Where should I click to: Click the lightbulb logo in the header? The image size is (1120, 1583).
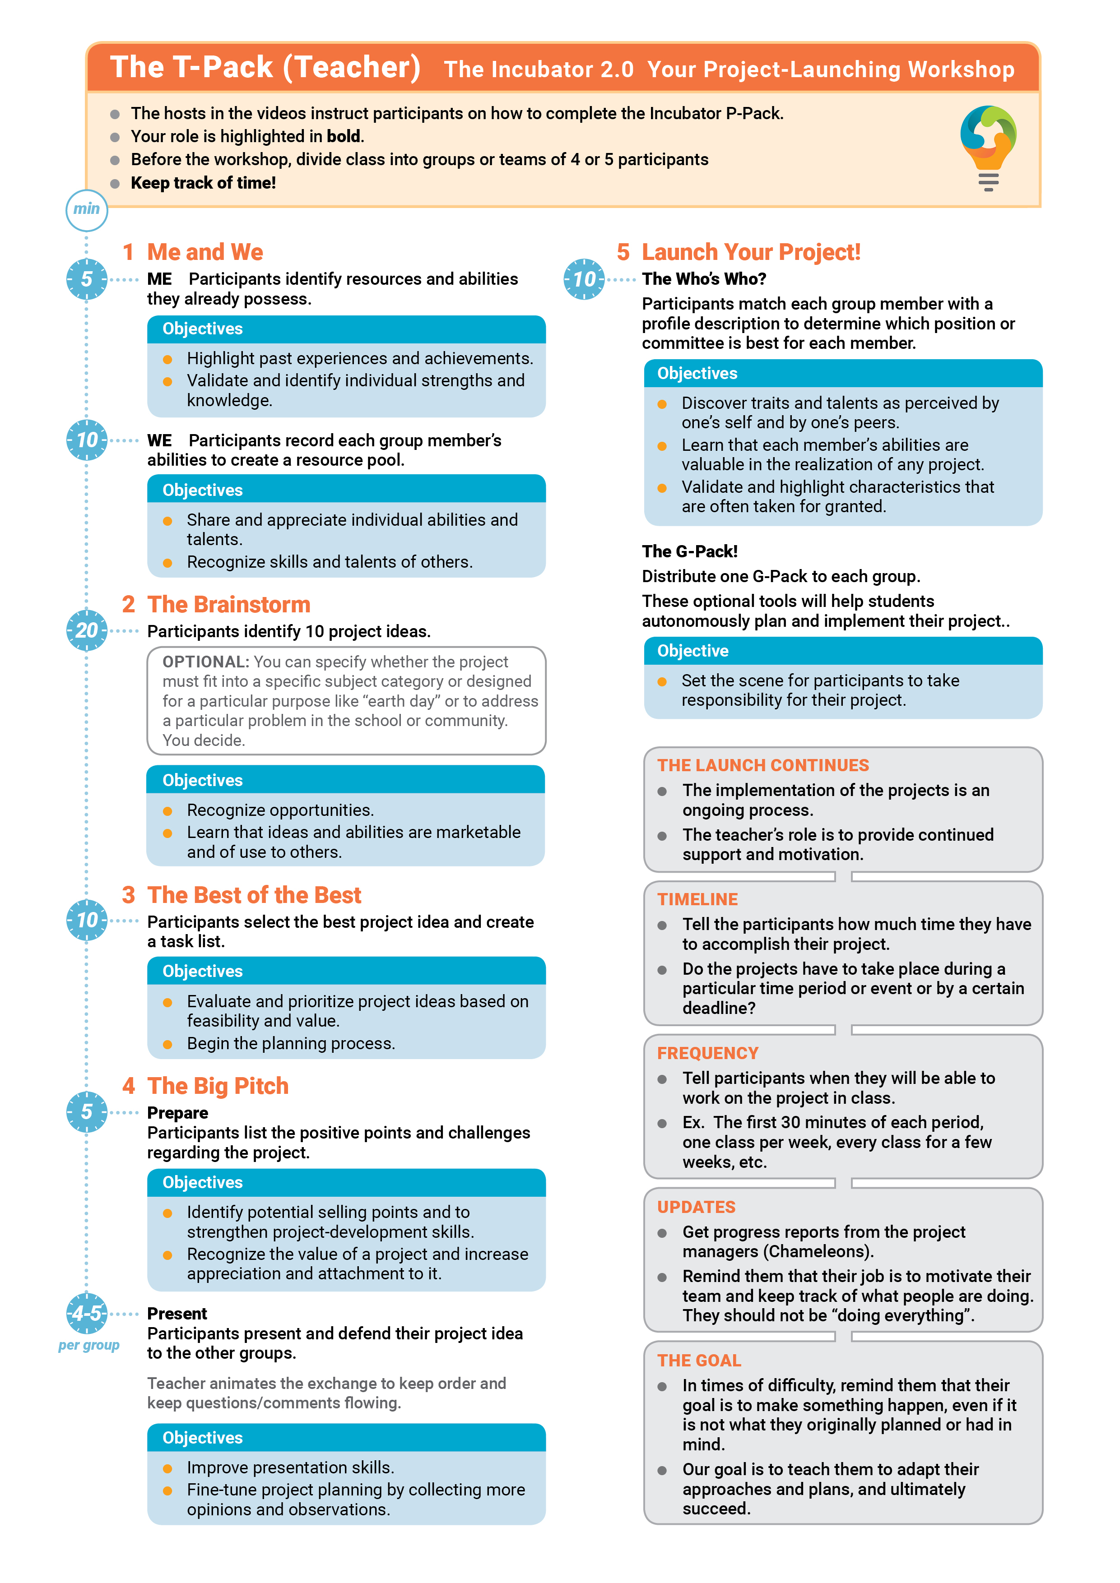pos(988,147)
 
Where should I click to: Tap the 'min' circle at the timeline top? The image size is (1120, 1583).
pos(87,209)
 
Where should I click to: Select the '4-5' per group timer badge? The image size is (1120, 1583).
pos(87,1314)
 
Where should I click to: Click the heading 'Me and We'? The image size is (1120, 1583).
pos(205,252)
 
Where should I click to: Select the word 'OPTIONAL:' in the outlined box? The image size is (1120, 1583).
pos(205,662)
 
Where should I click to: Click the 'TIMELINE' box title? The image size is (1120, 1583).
pos(697,900)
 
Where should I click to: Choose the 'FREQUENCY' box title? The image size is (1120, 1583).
pos(707,1054)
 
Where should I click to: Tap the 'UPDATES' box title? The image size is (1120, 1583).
pos(696,1207)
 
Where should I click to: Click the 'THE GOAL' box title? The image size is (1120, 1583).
pos(699,1361)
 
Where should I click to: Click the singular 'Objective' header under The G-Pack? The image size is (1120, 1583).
pos(692,652)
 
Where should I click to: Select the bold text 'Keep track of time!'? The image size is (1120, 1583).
pos(204,183)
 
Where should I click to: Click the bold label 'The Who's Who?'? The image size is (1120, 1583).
pos(703,279)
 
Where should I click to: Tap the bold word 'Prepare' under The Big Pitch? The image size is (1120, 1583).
pos(177,1114)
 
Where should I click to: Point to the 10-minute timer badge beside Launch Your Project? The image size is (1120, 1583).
pos(584,279)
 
